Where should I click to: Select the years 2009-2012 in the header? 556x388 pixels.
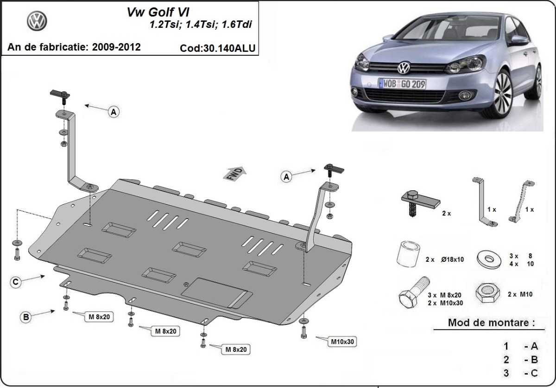(x=116, y=47)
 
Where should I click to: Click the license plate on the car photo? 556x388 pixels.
(x=402, y=84)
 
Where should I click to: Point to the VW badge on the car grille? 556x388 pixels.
(x=404, y=68)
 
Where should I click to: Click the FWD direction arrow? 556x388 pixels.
(x=235, y=174)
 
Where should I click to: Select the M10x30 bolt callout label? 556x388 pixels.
(x=342, y=342)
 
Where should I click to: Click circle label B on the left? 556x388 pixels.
(x=26, y=317)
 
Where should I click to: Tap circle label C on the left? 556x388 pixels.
(x=16, y=282)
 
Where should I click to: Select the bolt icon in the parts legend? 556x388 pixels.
(x=412, y=293)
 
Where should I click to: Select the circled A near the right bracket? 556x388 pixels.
(x=286, y=176)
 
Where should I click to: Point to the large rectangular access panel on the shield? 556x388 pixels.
(x=217, y=292)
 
